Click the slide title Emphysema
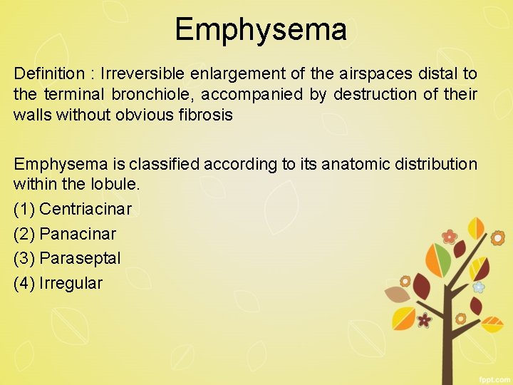point(260,30)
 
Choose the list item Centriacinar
point(85,210)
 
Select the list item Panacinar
point(78,234)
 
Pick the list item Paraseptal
point(81,258)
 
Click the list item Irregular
point(71,283)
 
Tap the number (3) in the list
point(24,258)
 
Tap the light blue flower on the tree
point(479,287)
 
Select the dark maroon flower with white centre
point(425,320)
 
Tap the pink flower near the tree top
point(449,236)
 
